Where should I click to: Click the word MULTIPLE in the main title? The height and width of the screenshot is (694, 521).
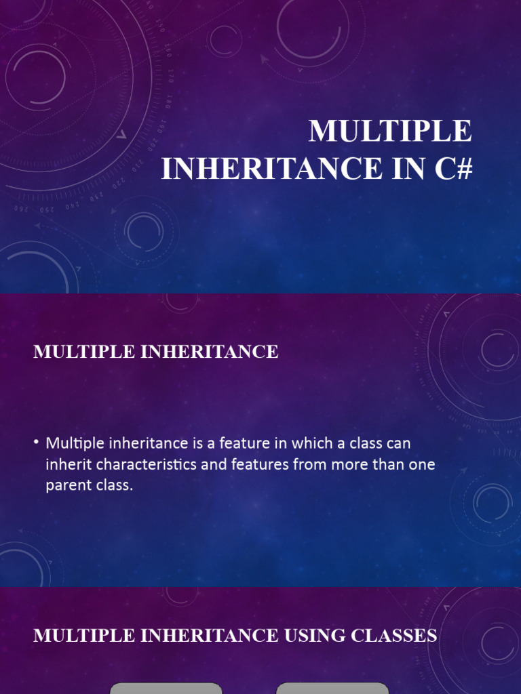[x=390, y=131]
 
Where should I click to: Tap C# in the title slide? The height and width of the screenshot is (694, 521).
[x=454, y=169]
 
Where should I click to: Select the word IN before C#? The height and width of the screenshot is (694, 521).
[x=409, y=169]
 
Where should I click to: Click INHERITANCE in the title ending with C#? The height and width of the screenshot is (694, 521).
[x=272, y=169]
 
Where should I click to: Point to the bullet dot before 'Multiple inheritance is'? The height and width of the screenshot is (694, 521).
[x=37, y=442]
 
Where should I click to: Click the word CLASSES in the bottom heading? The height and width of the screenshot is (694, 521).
[x=394, y=636]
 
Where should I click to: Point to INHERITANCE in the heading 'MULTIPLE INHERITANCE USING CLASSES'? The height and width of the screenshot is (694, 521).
[x=210, y=636]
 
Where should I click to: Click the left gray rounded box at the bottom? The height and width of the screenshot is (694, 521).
[x=166, y=689]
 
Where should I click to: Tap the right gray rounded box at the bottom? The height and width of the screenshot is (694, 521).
[x=332, y=689]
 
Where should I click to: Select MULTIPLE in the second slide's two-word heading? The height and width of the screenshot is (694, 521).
[x=84, y=352]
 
